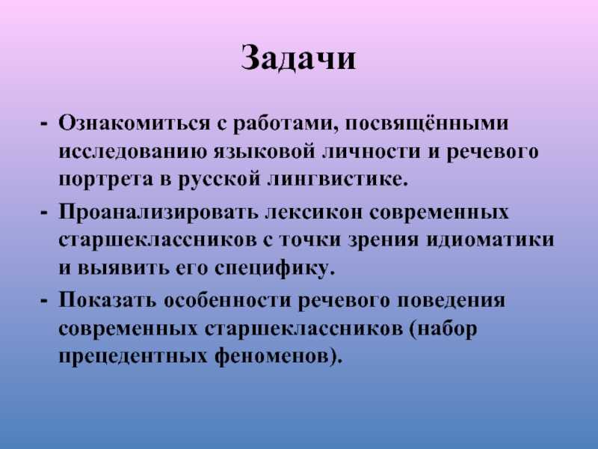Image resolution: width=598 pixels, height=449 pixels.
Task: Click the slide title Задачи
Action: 298,59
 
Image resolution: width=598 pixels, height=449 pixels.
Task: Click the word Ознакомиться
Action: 134,123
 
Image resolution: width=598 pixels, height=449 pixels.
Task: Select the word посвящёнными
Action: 427,123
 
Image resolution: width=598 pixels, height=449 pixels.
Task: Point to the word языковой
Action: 265,151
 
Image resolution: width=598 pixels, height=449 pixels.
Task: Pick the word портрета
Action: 105,180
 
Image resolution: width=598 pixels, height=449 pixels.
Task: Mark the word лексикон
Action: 312,212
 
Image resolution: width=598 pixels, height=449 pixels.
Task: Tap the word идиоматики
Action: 490,240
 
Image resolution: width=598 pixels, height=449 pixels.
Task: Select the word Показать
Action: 108,300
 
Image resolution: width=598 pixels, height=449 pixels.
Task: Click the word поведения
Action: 451,300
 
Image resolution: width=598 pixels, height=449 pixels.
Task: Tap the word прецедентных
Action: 133,358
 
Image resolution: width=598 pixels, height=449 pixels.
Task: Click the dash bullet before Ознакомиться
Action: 45,124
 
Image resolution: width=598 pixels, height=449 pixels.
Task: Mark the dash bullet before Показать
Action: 45,300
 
